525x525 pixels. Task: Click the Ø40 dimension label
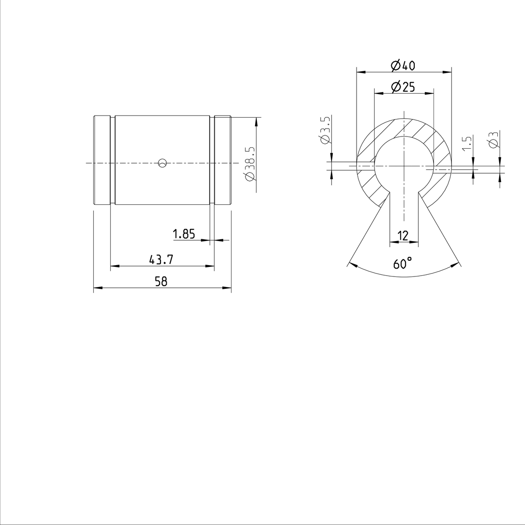402,66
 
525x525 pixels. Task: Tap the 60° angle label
402,264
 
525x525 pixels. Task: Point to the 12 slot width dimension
403,236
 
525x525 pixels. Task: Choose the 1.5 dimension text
467,143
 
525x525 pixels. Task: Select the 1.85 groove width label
184,234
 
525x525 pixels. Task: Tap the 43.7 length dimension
161,260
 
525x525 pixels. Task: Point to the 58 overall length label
161,282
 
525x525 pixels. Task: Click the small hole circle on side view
162,163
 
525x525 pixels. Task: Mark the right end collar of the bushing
223,160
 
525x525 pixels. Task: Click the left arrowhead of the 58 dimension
97,288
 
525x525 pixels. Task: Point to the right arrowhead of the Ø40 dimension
448,72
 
